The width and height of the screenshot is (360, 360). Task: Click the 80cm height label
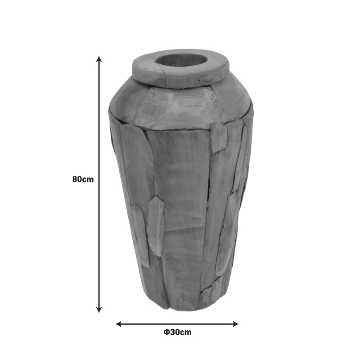(83, 179)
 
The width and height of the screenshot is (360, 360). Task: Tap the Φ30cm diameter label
(177, 332)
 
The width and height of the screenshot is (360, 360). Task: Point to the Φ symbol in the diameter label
(166, 332)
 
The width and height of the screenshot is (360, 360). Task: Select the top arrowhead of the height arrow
(99, 59)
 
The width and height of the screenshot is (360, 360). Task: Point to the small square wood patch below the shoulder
(219, 137)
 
